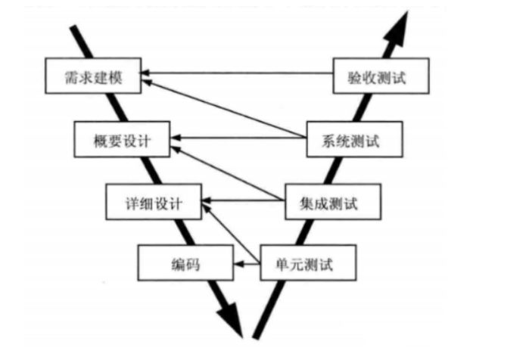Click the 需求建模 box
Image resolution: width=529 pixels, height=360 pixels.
(x=92, y=76)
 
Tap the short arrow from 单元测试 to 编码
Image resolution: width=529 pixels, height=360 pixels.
(x=245, y=264)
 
